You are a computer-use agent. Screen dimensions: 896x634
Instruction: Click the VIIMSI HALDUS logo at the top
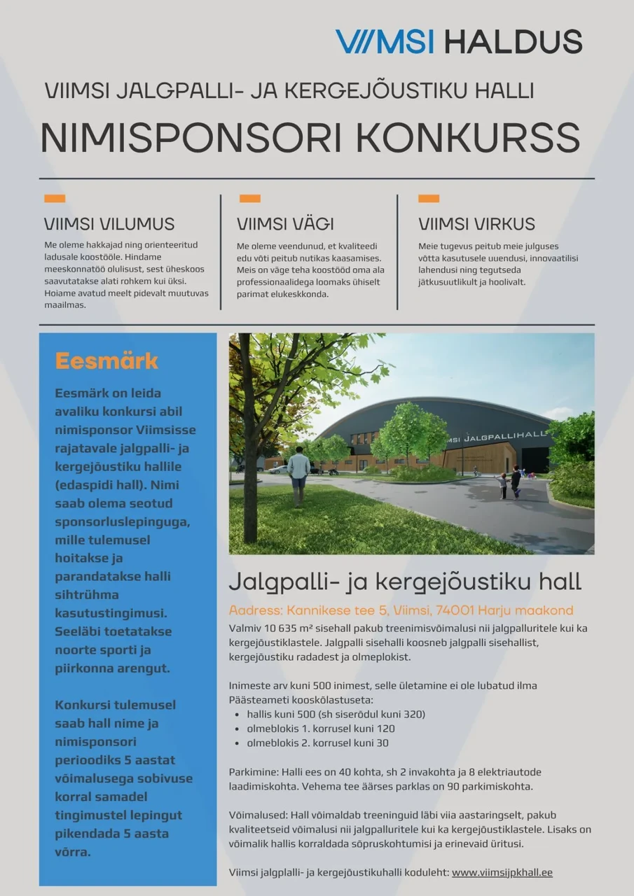(x=459, y=42)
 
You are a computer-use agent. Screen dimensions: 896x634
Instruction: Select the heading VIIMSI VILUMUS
(x=109, y=225)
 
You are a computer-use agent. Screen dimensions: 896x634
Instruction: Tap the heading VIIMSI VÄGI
(x=285, y=225)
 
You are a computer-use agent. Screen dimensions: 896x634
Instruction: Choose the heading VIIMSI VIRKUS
(x=476, y=225)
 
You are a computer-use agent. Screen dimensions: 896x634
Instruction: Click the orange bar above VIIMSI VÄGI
(x=250, y=199)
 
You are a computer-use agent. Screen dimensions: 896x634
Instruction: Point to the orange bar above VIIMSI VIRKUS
(x=429, y=199)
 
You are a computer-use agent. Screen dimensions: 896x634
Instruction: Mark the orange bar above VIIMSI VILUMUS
(x=55, y=199)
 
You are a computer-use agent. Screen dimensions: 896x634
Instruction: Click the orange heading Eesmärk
(x=106, y=361)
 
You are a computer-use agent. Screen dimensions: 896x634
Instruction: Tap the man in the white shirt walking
(x=299, y=472)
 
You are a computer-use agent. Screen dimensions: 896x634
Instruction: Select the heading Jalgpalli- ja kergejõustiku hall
(x=405, y=582)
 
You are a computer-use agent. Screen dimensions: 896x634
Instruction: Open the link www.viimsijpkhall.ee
(x=502, y=873)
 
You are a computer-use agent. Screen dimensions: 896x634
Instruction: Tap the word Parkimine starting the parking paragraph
(x=254, y=772)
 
